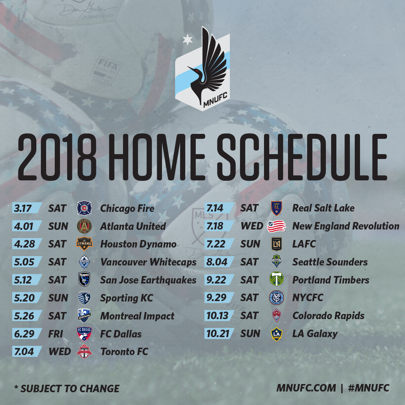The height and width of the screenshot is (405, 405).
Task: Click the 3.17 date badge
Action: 27,208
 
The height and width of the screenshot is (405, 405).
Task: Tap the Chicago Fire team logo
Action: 84,208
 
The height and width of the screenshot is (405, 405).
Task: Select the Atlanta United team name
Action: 133,226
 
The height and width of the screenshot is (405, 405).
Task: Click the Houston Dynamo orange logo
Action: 84,244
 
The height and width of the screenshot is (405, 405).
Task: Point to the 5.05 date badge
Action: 27,262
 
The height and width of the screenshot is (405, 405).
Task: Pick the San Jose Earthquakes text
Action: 148,280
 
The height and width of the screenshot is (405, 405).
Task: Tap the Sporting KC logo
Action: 84,297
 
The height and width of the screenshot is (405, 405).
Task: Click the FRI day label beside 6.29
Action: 55,334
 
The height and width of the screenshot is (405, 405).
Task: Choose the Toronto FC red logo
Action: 84,351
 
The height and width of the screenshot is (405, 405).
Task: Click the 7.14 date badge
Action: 219,208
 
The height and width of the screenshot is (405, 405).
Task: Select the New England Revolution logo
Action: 276,226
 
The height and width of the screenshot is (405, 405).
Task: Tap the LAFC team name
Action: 304,244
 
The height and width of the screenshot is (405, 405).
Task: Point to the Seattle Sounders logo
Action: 276,262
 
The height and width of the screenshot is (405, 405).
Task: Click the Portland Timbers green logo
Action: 276,279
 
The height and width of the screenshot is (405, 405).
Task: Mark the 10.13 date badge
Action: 219,315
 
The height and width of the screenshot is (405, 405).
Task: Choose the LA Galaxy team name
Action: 315,334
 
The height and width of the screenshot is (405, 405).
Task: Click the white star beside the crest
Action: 187,40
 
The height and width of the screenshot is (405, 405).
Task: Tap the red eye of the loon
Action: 197,70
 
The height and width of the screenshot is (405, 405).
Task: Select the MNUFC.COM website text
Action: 306,388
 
